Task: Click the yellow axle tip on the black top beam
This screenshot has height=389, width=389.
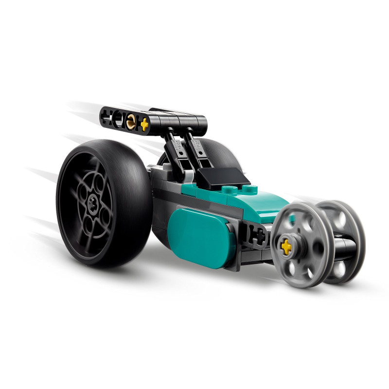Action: [144, 125]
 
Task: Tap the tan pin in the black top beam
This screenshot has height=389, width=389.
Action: [132, 123]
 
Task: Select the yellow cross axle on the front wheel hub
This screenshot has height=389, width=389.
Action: [287, 247]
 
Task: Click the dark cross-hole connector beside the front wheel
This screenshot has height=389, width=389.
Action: [257, 236]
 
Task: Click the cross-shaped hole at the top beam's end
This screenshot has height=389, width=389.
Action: [106, 117]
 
